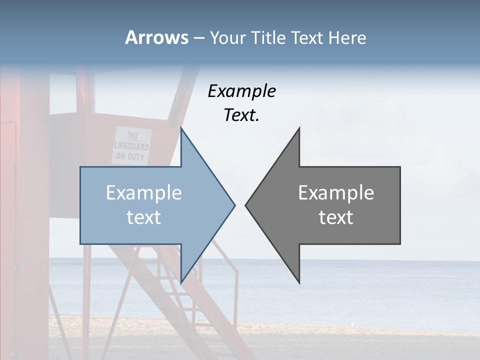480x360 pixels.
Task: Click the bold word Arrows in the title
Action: tap(156, 37)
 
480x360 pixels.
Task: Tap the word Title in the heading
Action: tap(269, 37)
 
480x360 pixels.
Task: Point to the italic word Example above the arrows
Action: tap(242, 91)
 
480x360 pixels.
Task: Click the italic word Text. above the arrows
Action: tap(242, 115)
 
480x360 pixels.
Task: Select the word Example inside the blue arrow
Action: tap(144, 193)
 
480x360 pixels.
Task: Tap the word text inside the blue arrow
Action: tap(144, 217)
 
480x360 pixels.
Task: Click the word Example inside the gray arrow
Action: tap(336, 193)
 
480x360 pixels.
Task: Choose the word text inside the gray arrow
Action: tap(336, 217)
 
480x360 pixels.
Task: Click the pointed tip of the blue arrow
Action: tap(234, 205)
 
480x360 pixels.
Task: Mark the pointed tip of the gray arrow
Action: tap(246, 205)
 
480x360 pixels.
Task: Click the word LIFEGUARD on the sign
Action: tap(131, 147)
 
